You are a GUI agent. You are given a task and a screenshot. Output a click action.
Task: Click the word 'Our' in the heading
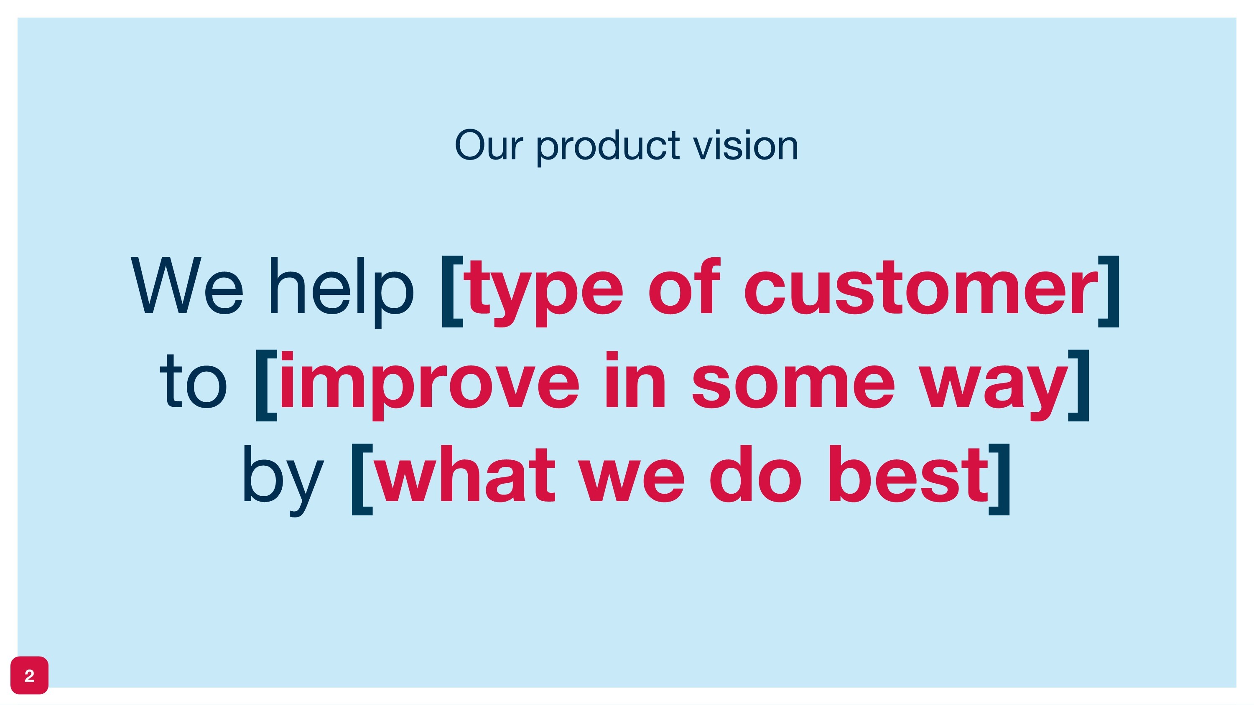[488, 145]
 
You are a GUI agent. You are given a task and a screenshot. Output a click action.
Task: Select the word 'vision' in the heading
[746, 145]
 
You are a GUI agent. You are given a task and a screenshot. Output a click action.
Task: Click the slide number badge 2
[29, 675]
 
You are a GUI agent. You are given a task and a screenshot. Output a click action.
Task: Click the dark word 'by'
[282, 479]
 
